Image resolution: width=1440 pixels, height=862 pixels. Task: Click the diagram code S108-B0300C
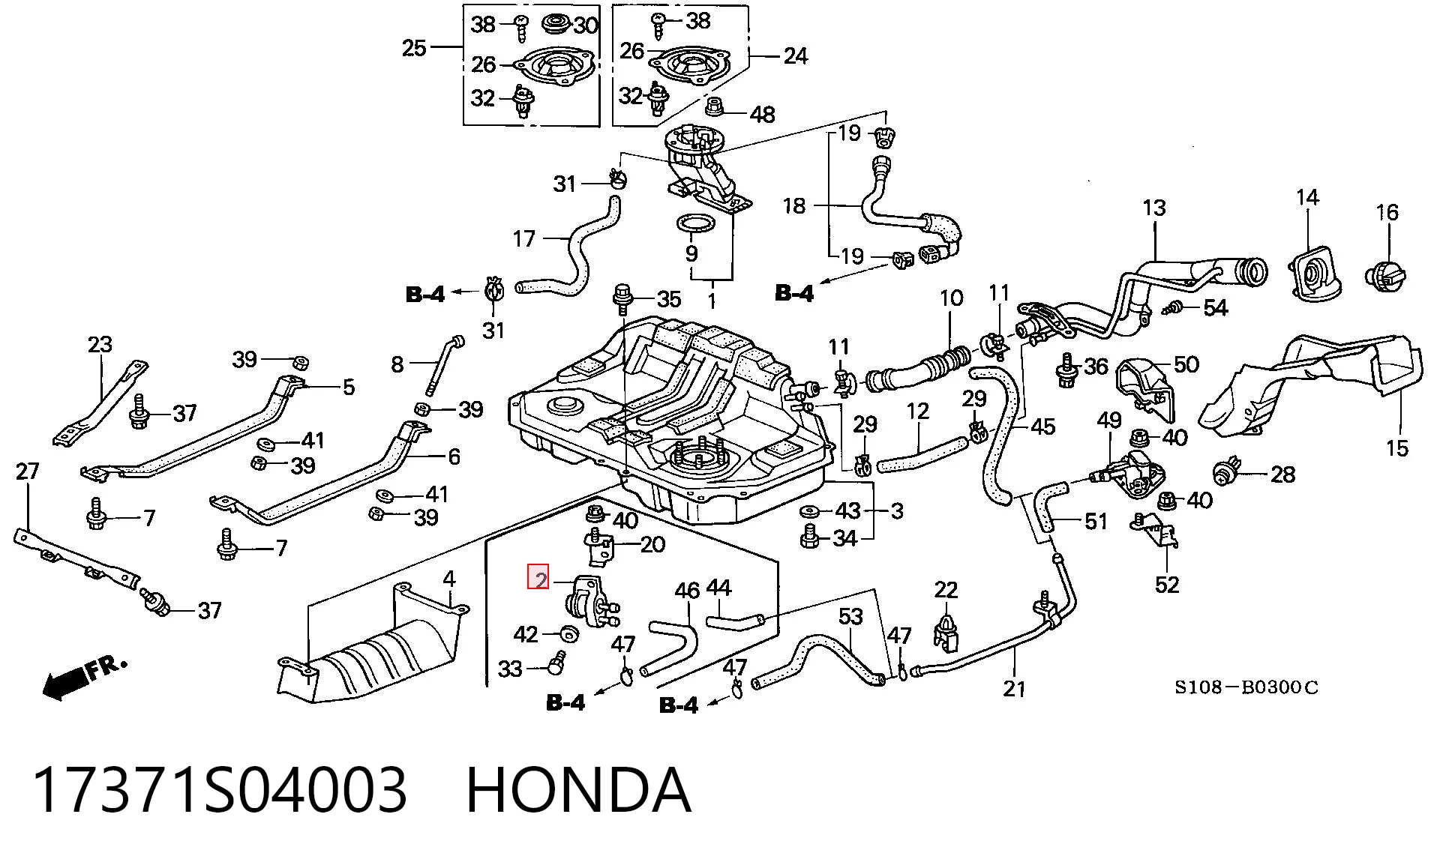click(1246, 687)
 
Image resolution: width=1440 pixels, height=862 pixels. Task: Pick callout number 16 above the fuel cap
click(1387, 212)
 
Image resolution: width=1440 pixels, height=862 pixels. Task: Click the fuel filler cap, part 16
click(1386, 275)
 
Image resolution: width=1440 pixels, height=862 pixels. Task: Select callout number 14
click(1307, 197)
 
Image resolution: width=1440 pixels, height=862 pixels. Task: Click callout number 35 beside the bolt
click(669, 299)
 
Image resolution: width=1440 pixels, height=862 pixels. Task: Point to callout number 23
click(100, 344)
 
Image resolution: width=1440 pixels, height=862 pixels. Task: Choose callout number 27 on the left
click(27, 471)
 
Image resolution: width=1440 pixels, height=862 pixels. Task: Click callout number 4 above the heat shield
click(448, 579)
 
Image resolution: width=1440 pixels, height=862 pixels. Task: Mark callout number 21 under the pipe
click(1014, 687)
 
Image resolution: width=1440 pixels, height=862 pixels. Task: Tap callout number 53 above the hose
click(850, 617)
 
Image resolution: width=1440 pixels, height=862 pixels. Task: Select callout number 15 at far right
click(1396, 448)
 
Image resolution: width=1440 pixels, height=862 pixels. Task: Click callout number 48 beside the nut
click(763, 115)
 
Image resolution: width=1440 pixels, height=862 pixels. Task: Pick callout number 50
click(1186, 364)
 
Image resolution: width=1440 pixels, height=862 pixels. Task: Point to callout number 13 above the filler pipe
click(1154, 208)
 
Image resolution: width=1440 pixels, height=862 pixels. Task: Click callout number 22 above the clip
click(946, 590)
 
